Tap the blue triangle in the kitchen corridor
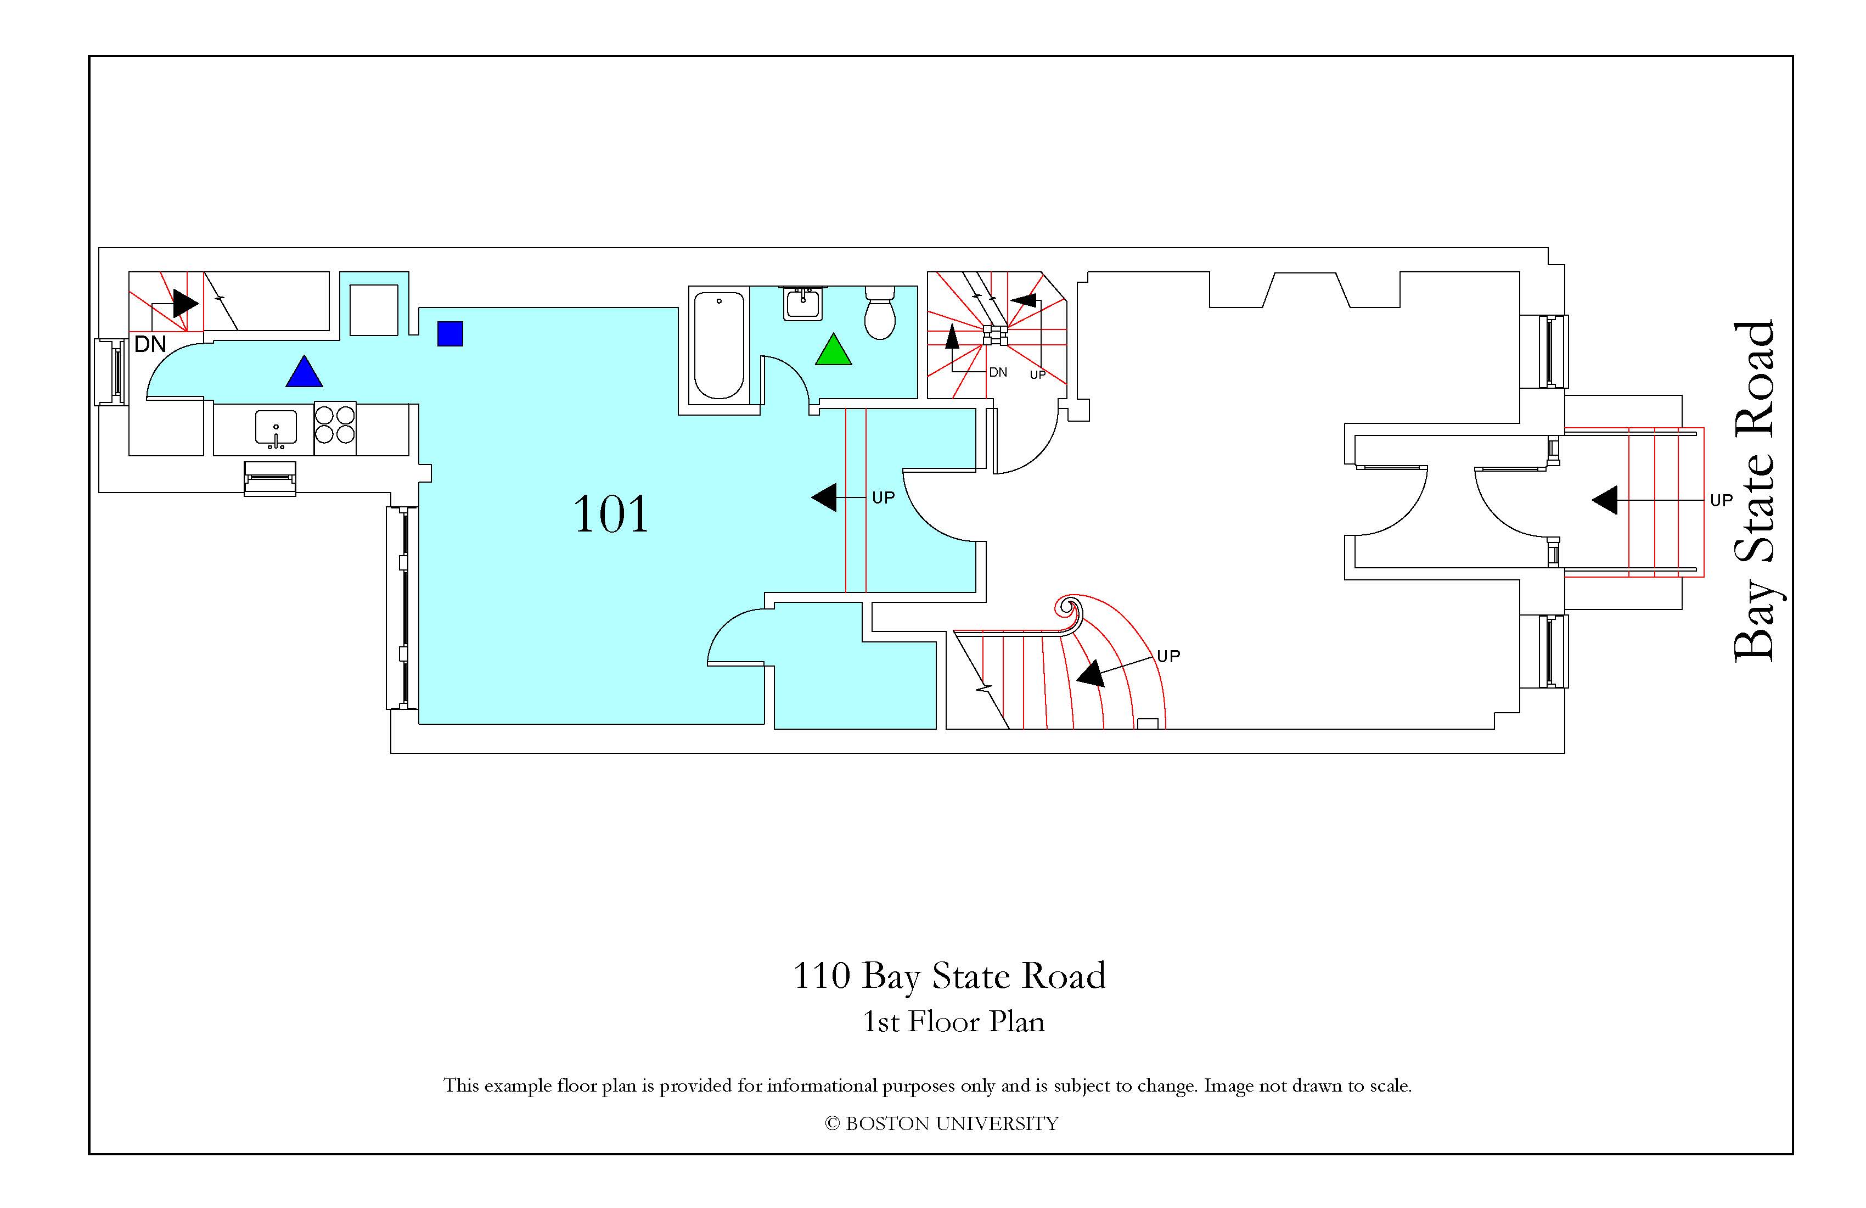coord(304,372)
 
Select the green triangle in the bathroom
coord(834,350)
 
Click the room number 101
coord(611,514)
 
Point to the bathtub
coord(719,345)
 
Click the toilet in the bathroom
coord(880,311)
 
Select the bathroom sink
coord(803,303)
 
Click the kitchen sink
coord(276,429)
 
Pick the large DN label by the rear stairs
coord(150,344)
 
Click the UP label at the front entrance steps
coord(1721,500)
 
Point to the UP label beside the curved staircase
coord(1168,656)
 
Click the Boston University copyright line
coord(942,1124)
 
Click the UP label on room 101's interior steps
coord(884,498)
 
